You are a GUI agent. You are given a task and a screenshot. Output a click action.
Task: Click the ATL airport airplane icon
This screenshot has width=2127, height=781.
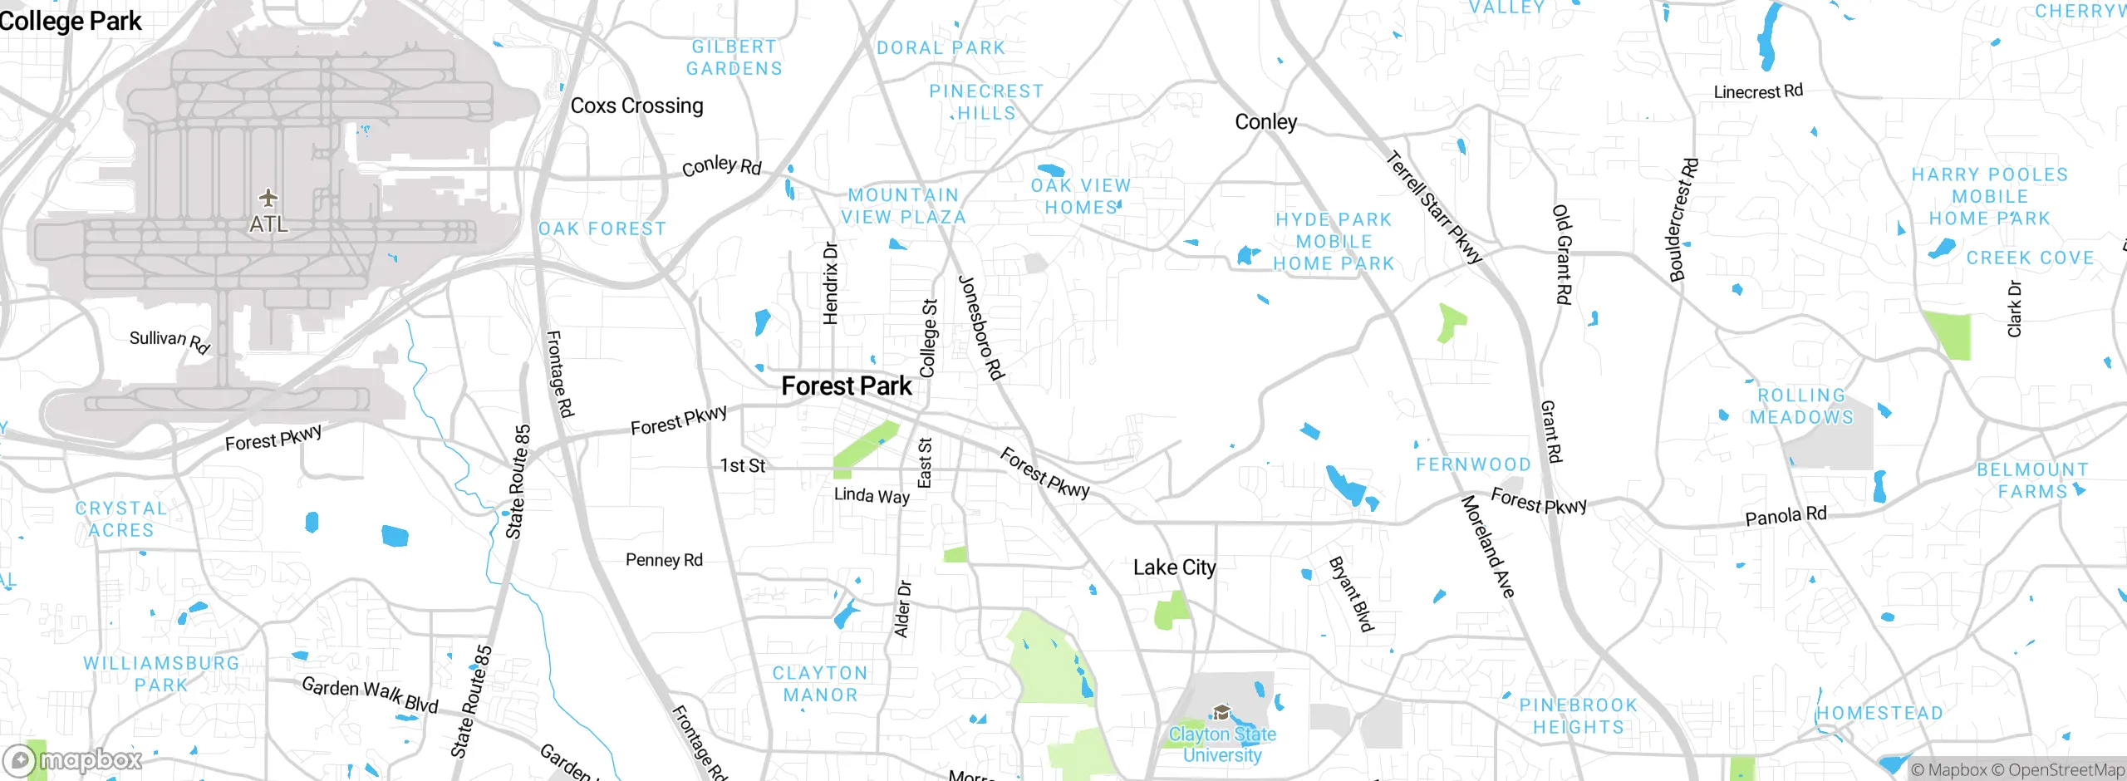coord(268,198)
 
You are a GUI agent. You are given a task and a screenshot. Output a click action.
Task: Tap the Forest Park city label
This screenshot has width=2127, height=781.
coord(846,386)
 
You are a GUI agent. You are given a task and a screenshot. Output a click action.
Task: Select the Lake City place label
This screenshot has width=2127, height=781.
coord(1174,567)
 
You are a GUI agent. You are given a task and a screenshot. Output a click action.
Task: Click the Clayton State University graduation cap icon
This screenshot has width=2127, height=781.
coord(1221,712)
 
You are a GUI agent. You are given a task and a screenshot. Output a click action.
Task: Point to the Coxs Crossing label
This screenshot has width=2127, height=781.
coord(636,106)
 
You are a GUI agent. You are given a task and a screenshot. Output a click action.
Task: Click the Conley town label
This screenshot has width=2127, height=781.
coord(1265,122)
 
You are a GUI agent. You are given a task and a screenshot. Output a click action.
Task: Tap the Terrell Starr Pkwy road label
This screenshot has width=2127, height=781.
coord(1434,207)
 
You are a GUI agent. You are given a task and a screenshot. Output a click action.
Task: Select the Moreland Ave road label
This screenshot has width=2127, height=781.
coord(1487,546)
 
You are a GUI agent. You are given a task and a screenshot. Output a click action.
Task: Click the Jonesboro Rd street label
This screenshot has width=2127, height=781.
coord(981,327)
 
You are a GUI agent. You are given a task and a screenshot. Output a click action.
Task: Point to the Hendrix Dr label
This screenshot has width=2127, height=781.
coord(830,283)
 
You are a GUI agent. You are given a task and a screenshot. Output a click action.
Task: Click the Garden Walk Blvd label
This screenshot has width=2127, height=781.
coord(370,695)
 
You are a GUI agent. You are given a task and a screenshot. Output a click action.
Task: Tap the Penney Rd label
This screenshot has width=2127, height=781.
coord(664,560)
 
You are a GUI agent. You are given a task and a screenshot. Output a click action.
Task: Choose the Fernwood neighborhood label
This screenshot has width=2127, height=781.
coord(1473,464)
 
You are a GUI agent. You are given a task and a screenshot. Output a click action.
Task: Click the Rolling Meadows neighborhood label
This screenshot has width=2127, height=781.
coord(1801,406)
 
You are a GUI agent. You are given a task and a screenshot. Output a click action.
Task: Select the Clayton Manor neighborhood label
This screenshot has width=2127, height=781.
coord(820,684)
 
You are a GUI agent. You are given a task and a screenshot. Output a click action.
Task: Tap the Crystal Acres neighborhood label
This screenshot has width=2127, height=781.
coord(121,519)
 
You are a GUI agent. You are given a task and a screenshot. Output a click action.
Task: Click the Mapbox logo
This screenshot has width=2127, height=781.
coord(73,759)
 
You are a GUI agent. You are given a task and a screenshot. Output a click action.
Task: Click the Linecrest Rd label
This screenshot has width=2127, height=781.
coord(1758,91)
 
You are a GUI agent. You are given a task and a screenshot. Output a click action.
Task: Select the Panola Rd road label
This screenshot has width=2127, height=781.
coord(1786,516)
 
